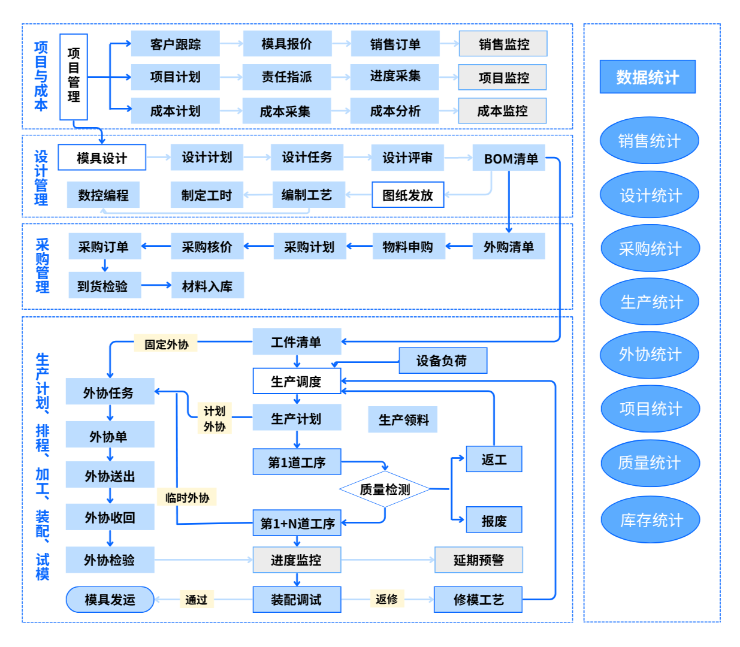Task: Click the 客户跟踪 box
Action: pos(175,44)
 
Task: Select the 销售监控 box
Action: pos(503,44)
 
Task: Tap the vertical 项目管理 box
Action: pos(74,77)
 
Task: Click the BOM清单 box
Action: pos(509,158)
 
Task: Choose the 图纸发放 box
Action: pos(407,195)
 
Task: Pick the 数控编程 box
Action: pos(103,195)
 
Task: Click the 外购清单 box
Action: pos(508,246)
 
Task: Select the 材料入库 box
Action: pos(207,286)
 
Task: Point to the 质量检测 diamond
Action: pos(385,489)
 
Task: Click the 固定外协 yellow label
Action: pos(166,344)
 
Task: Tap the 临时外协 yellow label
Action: pos(187,497)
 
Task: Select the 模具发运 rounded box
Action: pos(110,599)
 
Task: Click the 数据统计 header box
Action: pos(648,77)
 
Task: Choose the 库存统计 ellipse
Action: pos(650,519)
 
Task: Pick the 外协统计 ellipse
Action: pos(650,355)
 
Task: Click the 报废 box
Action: pos(494,520)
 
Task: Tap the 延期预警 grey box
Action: pos(478,560)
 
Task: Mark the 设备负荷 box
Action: pos(442,361)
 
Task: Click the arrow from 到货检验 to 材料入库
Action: pos(156,285)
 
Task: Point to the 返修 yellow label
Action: pos(386,598)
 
